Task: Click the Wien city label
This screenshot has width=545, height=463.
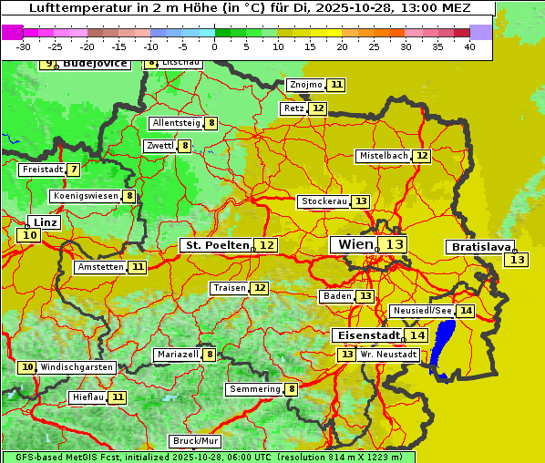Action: tap(355, 244)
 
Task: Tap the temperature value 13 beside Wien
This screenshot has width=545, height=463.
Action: tap(394, 244)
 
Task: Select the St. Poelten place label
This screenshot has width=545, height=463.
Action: tap(216, 245)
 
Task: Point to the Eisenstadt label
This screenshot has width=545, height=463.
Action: tap(365, 335)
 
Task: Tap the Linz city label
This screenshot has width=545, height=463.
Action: tap(45, 222)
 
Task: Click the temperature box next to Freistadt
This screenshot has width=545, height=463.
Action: tap(73, 170)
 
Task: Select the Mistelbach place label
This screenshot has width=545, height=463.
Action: tap(383, 156)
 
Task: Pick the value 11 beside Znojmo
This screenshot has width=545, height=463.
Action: tap(336, 85)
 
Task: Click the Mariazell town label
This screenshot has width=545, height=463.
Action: tap(177, 355)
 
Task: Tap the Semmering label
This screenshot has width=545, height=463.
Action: tap(255, 389)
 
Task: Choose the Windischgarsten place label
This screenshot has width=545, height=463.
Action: tap(77, 367)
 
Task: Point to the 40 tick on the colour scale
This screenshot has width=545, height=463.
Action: tap(469, 46)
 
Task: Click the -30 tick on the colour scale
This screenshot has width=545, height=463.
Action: tap(25, 46)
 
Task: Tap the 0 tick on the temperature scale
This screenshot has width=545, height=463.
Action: tap(214, 46)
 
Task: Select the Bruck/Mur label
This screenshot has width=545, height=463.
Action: tap(196, 441)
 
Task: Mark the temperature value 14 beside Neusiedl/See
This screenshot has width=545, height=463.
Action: tap(466, 311)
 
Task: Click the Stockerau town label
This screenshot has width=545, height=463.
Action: tap(324, 201)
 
